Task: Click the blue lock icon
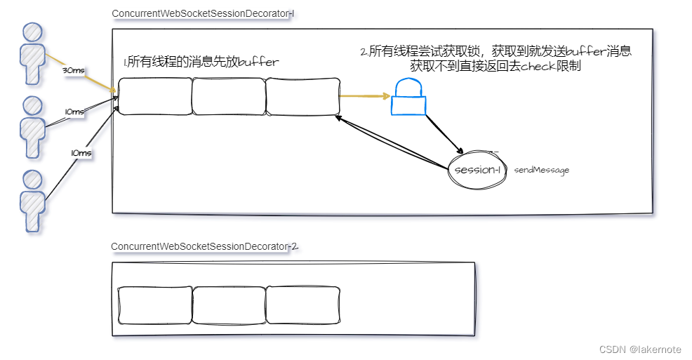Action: (408, 98)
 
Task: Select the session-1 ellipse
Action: (477, 170)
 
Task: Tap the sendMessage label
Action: (541, 170)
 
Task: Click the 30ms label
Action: (74, 71)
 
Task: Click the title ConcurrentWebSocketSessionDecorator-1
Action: (201, 15)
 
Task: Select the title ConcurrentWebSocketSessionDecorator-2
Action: (204, 246)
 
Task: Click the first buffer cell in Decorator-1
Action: (154, 96)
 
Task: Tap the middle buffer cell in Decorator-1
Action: (228, 96)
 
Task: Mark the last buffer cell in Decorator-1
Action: (302, 96)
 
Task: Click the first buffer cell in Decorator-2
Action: (154, 305)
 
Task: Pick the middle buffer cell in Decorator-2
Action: (229, 305)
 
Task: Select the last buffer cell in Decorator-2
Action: (302, 305)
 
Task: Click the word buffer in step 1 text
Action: (258, 62)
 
